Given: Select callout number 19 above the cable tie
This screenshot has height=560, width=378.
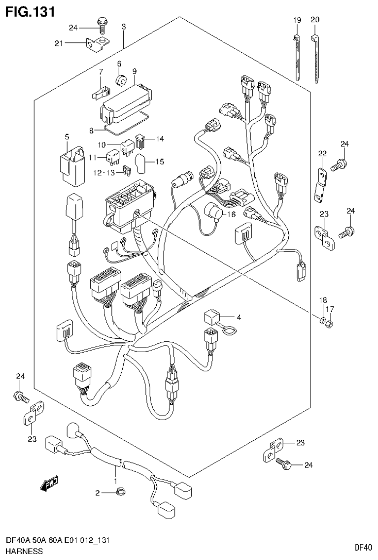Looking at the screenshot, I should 297,20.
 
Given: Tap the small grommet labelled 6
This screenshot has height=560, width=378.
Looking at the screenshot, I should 120,80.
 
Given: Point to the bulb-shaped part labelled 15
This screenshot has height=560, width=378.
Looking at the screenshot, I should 139,164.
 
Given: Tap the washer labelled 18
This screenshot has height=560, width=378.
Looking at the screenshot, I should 322,322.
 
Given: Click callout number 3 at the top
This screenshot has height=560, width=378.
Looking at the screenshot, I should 124,27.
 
